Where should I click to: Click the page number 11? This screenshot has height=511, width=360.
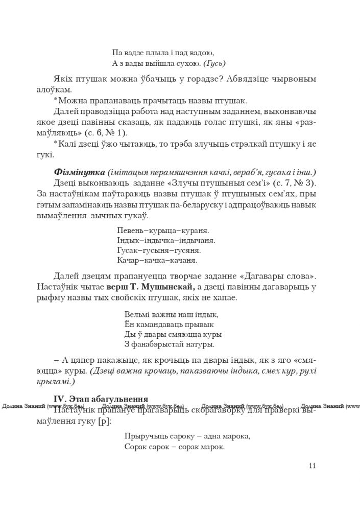pyautogui.click(x=313, y=466)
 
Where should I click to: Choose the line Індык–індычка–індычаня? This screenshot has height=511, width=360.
pyautogui.click(x=166, y=240)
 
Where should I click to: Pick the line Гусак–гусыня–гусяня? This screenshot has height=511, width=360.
pyautogui.click(x=159, y=250)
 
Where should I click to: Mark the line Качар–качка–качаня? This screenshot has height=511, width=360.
pyautogui.click(x=157, y=260)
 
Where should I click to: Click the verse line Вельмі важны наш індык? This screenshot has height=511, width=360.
pyautogui.click(x=171, y=314)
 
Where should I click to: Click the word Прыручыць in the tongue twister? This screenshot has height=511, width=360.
pyautogui.click(x=142, y=436)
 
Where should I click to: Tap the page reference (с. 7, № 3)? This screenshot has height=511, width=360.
pyautogui.click(x=290, y=183)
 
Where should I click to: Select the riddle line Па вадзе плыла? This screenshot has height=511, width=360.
pyautogui.click(x=148, y=52)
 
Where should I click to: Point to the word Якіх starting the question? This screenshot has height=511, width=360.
pyautogui.click(x=62, y=79)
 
